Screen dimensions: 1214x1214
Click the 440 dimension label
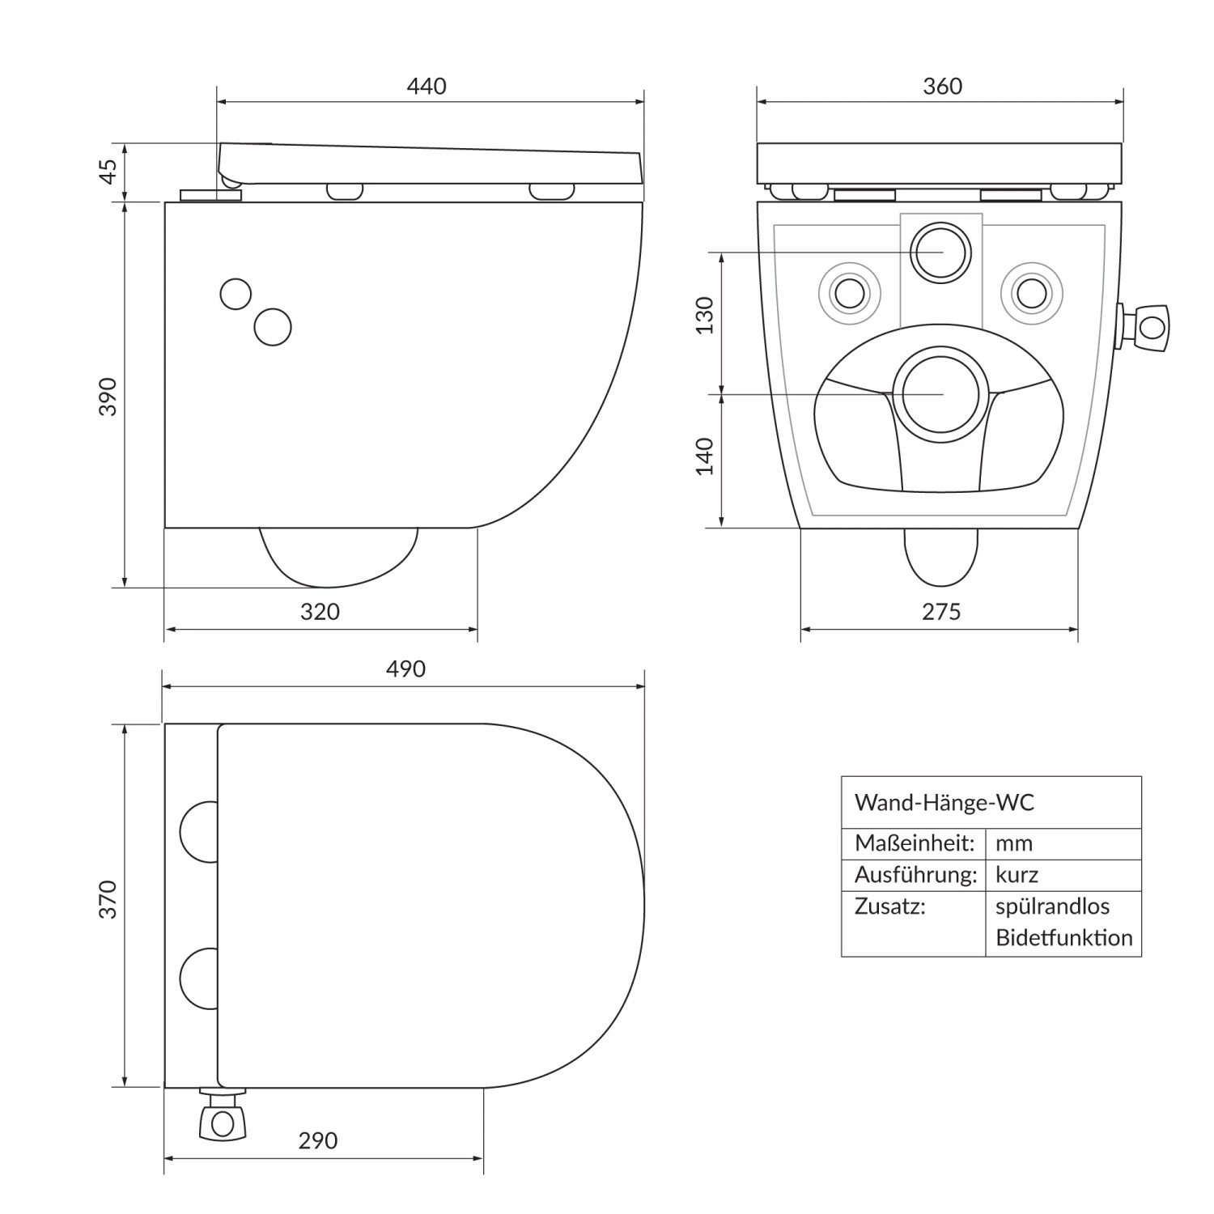427,86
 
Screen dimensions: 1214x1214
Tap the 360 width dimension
942,86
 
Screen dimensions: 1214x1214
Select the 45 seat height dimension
108,172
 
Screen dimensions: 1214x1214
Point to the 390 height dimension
108,397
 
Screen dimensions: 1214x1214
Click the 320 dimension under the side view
320,612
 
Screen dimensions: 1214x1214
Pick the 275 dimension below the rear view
941,612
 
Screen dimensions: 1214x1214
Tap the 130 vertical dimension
705,316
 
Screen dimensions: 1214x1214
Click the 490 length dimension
405,669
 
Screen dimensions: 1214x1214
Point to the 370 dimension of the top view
108,900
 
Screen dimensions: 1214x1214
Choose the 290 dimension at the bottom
317,1141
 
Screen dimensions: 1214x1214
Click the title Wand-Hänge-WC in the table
944,803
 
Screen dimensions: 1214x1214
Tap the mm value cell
1014,843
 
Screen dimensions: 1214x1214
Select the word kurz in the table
1017,875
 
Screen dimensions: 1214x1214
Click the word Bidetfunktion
1063,938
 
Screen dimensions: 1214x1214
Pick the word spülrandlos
1052,906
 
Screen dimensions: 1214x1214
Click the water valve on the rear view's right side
1146,328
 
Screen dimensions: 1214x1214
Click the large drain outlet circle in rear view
940,394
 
